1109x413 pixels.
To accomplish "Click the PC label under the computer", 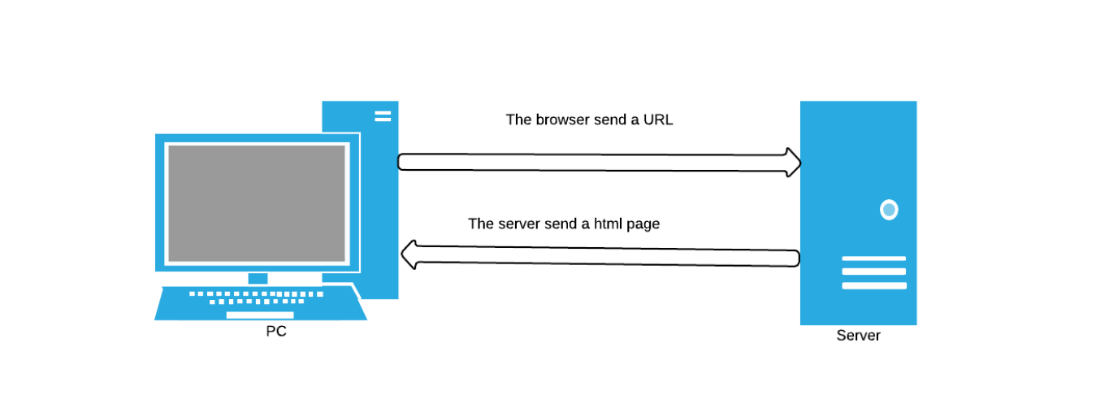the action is (x=275, y=331).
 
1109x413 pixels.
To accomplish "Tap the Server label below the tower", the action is (x=859, y=336).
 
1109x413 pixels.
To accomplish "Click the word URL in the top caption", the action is (x=658, y=120).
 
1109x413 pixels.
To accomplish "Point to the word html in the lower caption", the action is (x=608, y=224).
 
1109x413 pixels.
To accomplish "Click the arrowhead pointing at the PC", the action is (x=409, y=254).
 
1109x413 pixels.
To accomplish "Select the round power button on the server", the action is (x=889, y=210).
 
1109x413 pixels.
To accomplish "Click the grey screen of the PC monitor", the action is (x=257, y=203).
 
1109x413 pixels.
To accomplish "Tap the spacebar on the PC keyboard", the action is (x=260, y=315).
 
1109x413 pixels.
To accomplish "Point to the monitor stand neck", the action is (x=258, y=278).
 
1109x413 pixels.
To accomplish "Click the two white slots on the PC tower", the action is (x=383, y=116).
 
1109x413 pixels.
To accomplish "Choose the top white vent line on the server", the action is (x=874, y=259).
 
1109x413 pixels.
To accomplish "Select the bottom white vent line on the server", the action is (x=874, y=285).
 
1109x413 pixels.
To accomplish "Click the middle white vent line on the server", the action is (x=874, y=272).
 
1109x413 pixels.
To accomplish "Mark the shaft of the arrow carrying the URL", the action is (x=592, y=163).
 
